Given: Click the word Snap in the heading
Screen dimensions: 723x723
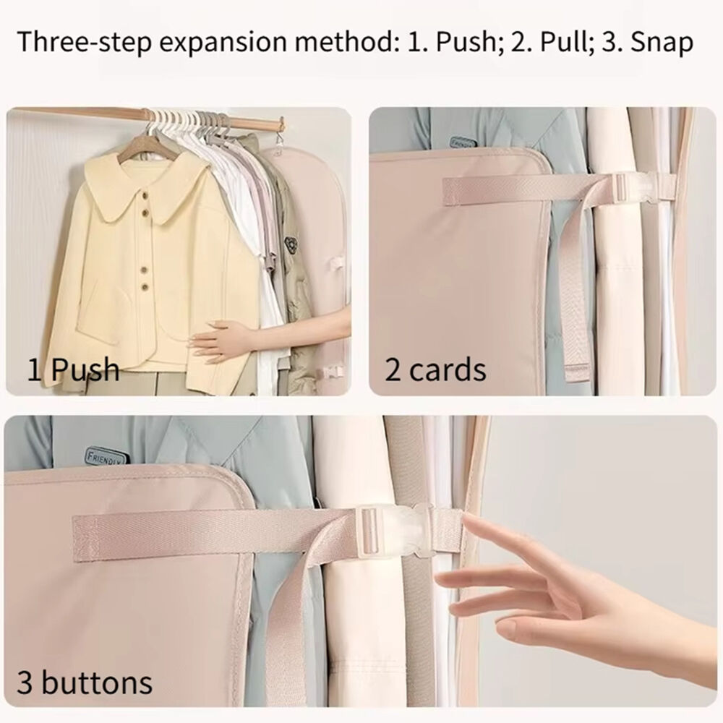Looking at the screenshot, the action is (x=662, y=42).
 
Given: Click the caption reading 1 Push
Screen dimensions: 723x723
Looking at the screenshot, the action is (x=73, y=369).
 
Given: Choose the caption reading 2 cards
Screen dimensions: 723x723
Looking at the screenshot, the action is (x=435, y=369).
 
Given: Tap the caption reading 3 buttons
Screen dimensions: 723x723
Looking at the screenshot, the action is (x=85, y=683).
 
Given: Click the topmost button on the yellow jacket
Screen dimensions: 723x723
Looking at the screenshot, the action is (x=145, y=199).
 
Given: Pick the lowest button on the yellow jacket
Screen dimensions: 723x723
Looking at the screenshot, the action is (x=145, y=287).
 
